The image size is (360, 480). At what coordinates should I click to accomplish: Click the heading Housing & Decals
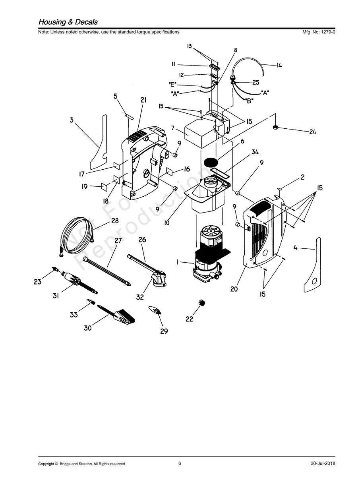68,22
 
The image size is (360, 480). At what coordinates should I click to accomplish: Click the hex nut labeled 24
275,128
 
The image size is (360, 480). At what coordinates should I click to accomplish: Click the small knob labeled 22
202,304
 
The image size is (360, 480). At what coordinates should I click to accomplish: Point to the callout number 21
143,101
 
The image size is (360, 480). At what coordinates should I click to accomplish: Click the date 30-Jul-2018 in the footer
323,464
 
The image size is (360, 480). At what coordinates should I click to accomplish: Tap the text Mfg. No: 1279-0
319,32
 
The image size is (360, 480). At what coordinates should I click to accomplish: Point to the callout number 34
254,152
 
